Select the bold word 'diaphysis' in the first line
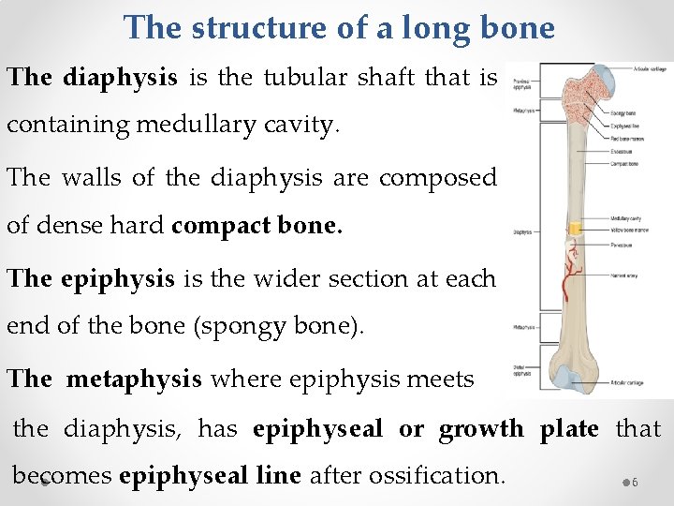point(120,77)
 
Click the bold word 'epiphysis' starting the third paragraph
point(117,278)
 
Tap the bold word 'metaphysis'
point(134,379)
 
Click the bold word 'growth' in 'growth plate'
point(481,428)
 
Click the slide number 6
point(634,482)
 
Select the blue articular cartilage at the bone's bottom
point(567,377)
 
